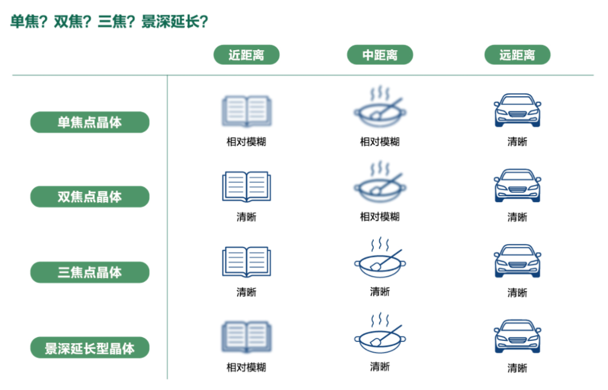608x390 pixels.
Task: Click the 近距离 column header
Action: tap(246, 55)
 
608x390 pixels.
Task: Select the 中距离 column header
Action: tap(380, 55)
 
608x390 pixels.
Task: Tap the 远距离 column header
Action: tap(517, 55)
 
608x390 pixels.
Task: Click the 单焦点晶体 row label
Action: tap(90, 122)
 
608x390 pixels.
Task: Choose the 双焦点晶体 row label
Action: tap(90, 197)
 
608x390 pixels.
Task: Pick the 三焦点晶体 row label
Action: tap(90, 272)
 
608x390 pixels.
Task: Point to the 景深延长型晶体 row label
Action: tap(90, 348)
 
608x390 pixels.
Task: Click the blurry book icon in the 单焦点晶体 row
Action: tap(246, 110)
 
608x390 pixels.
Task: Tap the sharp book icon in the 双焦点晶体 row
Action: tap(246, 187)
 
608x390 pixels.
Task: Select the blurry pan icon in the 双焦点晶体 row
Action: tap(380, 181)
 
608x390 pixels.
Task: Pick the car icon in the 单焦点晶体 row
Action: tap(517, 110)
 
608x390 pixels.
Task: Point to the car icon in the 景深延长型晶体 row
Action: tap(517, 336)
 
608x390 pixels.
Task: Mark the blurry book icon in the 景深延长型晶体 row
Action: tap(246, 336)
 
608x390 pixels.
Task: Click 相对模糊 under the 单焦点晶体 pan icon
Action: tap(380, 142)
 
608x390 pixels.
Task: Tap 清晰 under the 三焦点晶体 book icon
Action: tap(246, 292)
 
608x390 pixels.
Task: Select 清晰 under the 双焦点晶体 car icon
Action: tap(517, 217)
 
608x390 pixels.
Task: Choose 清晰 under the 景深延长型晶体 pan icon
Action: tap(380, 367)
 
